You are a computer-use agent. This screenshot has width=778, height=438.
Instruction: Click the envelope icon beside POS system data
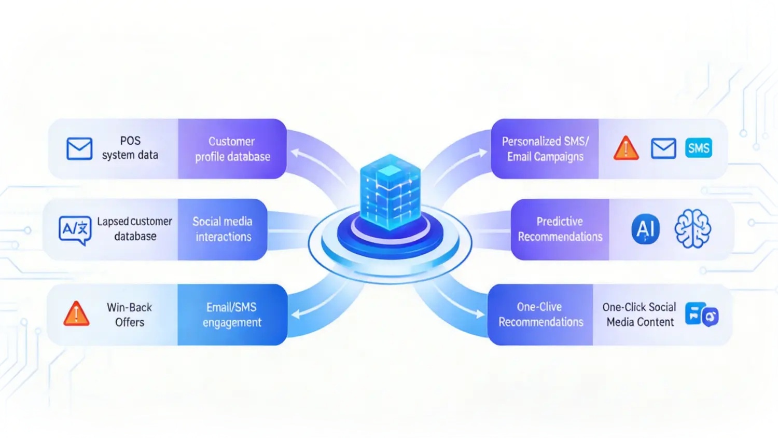(x=79, y=148)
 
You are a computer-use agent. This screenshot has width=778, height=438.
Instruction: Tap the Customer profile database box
(x=232, y=149)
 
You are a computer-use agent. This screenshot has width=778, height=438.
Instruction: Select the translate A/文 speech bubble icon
(x=75, y=229)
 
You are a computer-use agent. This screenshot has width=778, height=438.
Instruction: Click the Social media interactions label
(x=223, y=229)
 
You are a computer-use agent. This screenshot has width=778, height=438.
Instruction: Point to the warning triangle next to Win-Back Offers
(x=76, y=314)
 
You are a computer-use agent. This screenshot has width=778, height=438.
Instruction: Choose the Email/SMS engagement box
(x=232, y=314)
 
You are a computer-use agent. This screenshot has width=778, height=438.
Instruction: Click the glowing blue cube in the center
(x=390, y=192)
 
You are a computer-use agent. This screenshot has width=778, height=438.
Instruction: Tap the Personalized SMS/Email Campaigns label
(x=545, y=149)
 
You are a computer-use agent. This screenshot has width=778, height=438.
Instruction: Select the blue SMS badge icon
(x=698, y=148)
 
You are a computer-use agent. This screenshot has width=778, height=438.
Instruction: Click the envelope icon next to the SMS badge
(x=663, y=148)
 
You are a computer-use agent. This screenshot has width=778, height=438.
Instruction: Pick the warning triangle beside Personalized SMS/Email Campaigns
(x=626, y=148)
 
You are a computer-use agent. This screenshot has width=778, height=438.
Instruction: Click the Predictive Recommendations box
(x=560, y=229)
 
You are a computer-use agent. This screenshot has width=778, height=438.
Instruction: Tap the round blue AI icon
(x=645, y=229)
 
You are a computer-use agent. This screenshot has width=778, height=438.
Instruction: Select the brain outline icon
(x=692, y=229)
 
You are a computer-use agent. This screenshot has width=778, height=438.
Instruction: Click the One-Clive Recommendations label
(x=540, y=314)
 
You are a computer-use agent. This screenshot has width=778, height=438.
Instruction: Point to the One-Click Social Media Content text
(x=640, y=314)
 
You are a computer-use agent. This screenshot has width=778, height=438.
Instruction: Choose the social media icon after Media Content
(x=701, y=314)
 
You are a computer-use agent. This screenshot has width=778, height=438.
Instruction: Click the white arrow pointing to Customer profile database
(x=311, y=161)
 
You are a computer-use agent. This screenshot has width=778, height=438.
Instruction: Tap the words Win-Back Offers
(x=129, y=314)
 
